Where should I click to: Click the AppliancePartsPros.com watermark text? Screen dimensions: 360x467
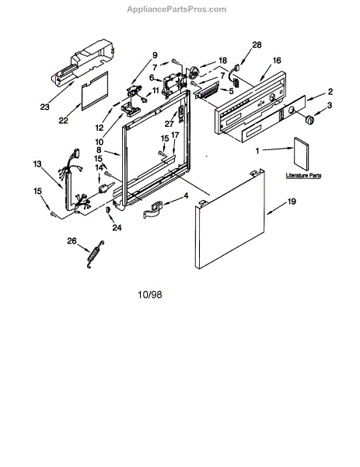point(177,9)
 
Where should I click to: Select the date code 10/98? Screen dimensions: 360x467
point(150,294)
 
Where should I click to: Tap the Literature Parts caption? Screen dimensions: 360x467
point(303,175)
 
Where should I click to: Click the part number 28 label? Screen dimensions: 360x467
point(257,44)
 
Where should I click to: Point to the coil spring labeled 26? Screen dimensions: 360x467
point(95,254)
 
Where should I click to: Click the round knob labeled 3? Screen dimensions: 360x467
point(309,119)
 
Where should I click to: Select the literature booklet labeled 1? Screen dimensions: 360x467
point(301,153)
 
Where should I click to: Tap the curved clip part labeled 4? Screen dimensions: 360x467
point(152,210)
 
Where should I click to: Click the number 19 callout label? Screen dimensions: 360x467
point(292,202)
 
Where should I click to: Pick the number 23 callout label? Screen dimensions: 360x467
point(44,107)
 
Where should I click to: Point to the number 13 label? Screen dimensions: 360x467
point(37,164)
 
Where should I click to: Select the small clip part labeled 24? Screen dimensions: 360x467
point(108,209)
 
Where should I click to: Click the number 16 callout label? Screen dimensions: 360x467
point(277,61)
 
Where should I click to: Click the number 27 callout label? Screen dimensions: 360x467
point(169,123)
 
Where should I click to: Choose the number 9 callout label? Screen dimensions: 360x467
point(155,55)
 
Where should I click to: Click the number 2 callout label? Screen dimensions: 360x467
point(330,92)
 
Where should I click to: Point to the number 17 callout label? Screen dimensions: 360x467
point(175,135)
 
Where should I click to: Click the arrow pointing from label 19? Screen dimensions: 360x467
point(276,209)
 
